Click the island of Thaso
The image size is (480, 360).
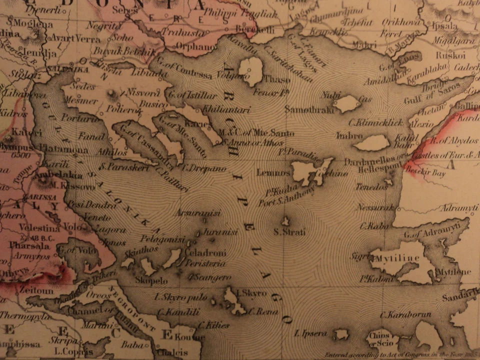251,71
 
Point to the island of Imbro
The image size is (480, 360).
372,143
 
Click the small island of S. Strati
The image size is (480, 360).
286,221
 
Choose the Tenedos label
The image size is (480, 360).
371,186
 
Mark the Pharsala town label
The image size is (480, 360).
26,246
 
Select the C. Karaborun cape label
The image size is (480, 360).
402,315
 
